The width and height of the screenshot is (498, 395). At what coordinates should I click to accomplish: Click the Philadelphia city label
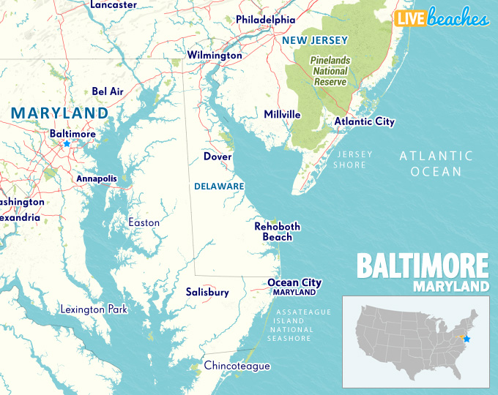[x=265, y=20]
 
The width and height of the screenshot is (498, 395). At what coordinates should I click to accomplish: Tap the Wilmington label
[x=214, y=55]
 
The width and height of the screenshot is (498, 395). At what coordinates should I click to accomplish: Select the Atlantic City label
[x=364, y=121]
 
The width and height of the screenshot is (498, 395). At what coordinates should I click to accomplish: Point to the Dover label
[x=218, y=157]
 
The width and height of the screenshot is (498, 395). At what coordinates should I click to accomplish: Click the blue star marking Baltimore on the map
[x=67, y=144]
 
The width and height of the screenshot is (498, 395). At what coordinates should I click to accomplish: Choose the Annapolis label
[x=97, y=178]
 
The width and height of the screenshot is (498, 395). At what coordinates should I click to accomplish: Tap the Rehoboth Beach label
[x=277, y=231]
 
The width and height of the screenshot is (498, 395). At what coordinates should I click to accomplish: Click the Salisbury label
[x=207, y=292]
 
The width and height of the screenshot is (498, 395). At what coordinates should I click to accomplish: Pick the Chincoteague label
[x=237, y=366]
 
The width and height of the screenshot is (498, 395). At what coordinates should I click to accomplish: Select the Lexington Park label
[x=94, y=309]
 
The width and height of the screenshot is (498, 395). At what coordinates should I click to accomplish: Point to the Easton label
[x=144, y=222]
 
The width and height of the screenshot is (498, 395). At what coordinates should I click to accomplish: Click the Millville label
[x=282, y=115]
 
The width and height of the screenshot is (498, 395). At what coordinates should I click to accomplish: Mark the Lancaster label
[x=113, y=5]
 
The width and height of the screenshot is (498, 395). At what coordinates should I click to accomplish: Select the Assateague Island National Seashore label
[x=304, y=325]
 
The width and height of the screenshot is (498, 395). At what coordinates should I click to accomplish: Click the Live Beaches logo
[x=442, y=19]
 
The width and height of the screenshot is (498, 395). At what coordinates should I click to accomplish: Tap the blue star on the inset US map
[x=467, y=339]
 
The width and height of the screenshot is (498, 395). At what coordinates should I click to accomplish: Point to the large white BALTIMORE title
[x=423, y=264]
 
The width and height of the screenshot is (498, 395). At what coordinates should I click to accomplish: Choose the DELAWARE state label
[x=219, y=187]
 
